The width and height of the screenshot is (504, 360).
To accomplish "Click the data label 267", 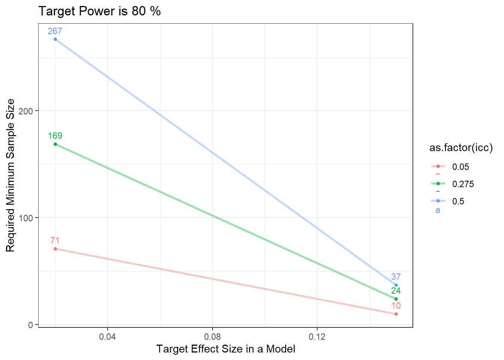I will pyautogui.click(x=55, y=31).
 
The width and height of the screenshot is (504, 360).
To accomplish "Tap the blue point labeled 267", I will pyautogui.click(x=55, y=39).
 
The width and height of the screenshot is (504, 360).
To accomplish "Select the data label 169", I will pyautogui.click(x=55, y=136).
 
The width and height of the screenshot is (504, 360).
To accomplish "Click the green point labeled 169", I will pyautogui.click(x=55, y=144).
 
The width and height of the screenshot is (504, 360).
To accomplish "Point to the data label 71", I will pyautogui.click(x=55, y=240).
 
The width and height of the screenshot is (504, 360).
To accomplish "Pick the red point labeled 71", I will pyautogui.click(x=55, y=249).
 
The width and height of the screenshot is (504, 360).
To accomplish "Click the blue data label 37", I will pyautogui.click(x=396, y=277).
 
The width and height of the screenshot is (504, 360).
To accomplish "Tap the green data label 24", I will pyautogui.click(x=396, y=291).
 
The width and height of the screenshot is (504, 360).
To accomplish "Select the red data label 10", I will pyautogui.click(x=396, y=306).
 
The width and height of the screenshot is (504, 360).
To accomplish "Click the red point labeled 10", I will pyautogui.click(x=396, y=314).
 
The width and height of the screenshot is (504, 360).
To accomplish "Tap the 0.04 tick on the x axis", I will pyautogui.click(x=108, y=337).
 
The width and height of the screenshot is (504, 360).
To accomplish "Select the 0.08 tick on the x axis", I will pyautogui.click(x=213, y=337).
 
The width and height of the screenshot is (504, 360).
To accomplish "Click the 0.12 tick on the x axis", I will pyautogui.click(x=317, y=337).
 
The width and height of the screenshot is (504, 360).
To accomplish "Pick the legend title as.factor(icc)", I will pyautogui.click(x=461, y=148).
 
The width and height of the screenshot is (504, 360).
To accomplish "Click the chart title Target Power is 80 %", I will pyautogui.click(x=100, y=11).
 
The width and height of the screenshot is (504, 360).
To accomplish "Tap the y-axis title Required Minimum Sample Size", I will pyautogui.click(x=10, y=175).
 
